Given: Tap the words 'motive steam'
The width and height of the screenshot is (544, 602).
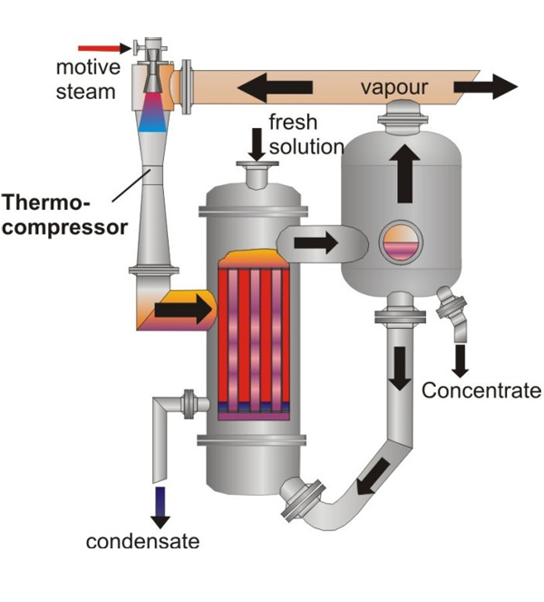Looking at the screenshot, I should click(x=85, y=79).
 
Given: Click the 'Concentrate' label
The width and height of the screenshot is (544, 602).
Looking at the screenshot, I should click(x=481, y=391).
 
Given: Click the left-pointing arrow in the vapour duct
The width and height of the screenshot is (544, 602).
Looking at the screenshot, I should click(x=275, y=87).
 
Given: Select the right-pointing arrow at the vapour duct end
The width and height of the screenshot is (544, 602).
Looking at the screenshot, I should click(x=485, y=87).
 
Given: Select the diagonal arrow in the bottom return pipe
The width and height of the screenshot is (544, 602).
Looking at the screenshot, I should click(x=372, y=478).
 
